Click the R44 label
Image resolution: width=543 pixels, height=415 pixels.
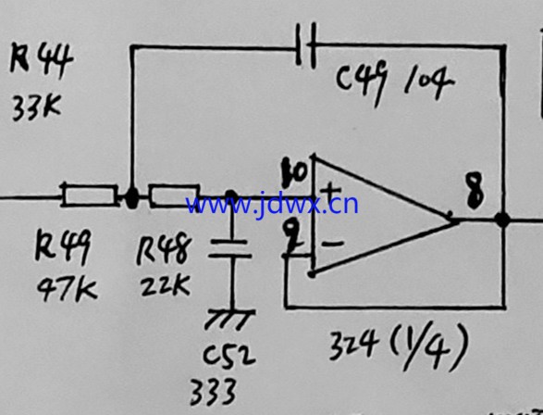tap(42, 59)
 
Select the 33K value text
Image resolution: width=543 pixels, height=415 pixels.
tap(37, 107)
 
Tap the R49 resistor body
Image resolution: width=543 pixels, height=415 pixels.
tap(90, 195)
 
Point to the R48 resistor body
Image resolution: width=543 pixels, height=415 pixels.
tap(174, 195)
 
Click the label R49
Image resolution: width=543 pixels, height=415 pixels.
tap(64, 246)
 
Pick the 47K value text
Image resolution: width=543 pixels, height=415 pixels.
tap(68, 290)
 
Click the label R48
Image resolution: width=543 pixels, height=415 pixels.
tap(164, 248)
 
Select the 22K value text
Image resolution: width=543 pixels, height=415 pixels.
tap(166, 284)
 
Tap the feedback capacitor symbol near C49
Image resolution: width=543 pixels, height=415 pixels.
tap(306, 45)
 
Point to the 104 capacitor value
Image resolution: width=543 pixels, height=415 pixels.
tap(428, 82)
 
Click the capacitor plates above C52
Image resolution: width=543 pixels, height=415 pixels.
tap(229, 249)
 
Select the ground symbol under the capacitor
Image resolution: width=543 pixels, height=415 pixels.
tap(230, 320)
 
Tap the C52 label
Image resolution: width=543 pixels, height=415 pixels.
tap(228, 355)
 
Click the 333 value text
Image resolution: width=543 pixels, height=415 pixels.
tap(213, 392)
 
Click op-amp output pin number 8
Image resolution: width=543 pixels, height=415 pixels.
tap(475, 191)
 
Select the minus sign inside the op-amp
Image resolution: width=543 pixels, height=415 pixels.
tap(333, 244)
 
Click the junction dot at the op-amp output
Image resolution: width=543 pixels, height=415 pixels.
tap(502, 220)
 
